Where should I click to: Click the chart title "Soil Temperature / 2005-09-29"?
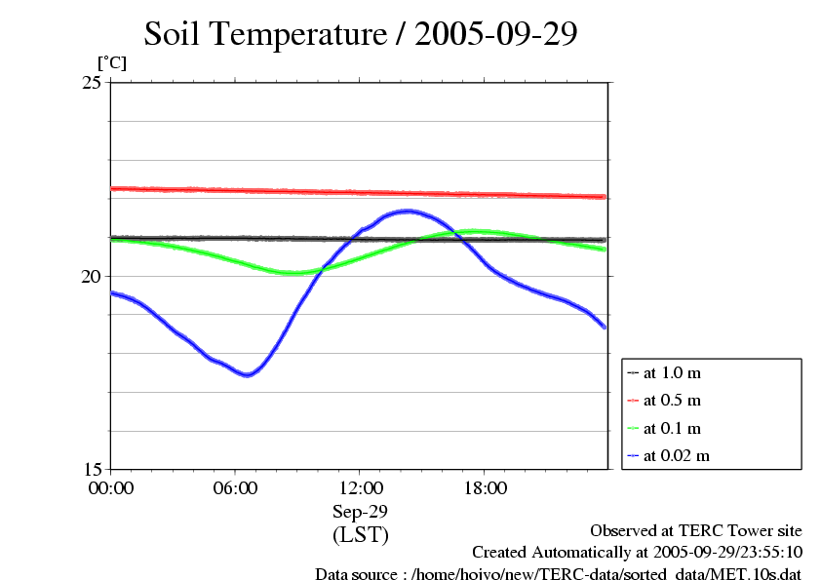361,34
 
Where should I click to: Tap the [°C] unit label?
111,62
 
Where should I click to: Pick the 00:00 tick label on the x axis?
111,488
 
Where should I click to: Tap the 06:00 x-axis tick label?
235,488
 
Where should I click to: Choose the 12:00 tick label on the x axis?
360,488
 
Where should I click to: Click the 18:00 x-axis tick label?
485,488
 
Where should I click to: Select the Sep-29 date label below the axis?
360,511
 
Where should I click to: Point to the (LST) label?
360,535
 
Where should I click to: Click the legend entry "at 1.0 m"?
672,373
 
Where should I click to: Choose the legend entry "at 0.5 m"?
672,401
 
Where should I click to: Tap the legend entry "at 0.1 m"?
672,428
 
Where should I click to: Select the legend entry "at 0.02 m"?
676,455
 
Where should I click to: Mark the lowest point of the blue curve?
248,375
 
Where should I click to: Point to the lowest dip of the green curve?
292,273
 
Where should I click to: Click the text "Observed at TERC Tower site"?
696,530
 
